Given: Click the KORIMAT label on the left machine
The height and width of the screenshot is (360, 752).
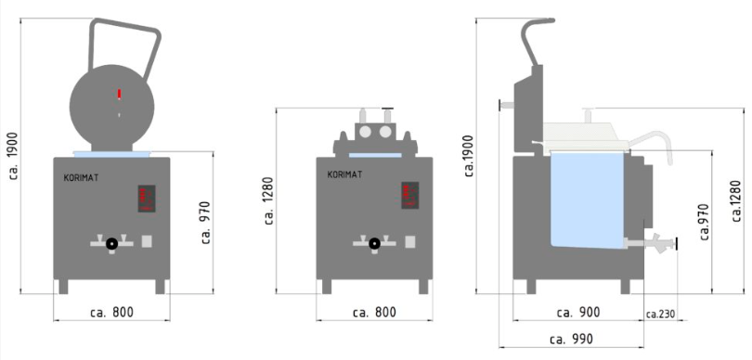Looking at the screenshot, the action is [81, 178].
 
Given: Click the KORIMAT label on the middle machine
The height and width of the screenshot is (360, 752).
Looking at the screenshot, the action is [344, 174].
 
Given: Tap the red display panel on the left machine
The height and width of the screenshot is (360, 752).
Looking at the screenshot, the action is [147, 199].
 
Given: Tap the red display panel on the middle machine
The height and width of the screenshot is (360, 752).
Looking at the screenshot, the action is [410, 195].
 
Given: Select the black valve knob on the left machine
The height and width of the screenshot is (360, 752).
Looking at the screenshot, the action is [111, 244].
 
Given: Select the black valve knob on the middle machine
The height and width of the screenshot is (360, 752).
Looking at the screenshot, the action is [374, 244].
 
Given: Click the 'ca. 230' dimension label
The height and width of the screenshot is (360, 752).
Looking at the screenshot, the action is [660, 315].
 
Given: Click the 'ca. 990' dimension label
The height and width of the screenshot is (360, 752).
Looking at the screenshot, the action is [571, 340].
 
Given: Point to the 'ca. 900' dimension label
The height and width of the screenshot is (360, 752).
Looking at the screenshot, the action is [578, 313].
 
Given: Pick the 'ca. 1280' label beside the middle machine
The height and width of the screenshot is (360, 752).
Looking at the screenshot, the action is [268, 200].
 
